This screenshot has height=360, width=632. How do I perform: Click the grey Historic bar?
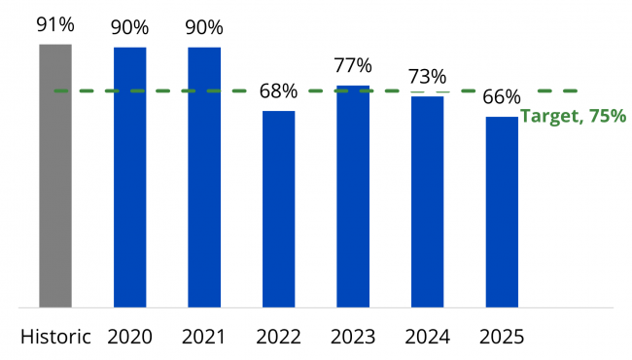coord(55,176)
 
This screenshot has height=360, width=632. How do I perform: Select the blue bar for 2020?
coord(130,177)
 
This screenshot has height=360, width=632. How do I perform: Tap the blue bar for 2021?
coord(204,177)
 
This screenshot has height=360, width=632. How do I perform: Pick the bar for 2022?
coord(279,209)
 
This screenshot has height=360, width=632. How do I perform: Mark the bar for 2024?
coord(428,201)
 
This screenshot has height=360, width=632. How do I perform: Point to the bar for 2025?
coord(502,212)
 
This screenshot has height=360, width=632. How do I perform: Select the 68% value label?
coord(279,92)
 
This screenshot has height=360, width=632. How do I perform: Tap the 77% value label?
coord(353,66)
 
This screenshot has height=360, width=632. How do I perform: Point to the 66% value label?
coord(502,97)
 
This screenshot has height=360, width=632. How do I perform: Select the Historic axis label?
coord(55,337)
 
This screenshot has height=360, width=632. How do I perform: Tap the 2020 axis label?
coord(130,337)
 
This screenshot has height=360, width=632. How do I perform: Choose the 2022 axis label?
coord(279,337)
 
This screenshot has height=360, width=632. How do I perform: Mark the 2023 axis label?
coord(353,337)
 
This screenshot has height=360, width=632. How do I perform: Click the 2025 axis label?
coord(502,337)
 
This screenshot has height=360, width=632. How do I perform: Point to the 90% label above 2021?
coord(204,27)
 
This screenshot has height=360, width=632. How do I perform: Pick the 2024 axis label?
coord(428,337)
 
